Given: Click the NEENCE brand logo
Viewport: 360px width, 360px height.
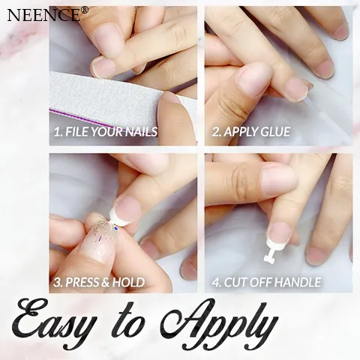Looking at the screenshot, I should (x=43, y=14).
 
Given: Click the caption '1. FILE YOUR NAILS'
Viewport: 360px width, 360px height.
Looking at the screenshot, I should (x=105, y=132).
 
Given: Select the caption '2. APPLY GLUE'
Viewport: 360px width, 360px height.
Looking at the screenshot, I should (x=251, y=132).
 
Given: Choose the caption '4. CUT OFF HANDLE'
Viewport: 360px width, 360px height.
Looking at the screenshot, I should (x=266, y=282).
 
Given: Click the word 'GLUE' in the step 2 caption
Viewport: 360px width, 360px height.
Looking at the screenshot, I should (x=274, y=132).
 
